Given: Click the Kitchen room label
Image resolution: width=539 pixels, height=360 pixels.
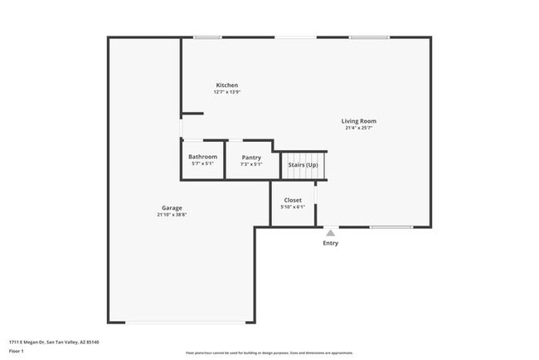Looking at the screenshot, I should pos(227,85).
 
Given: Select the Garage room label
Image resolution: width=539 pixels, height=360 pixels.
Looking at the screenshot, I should pos(172,207).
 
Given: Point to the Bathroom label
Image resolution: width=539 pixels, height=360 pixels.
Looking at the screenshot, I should pos(202,157).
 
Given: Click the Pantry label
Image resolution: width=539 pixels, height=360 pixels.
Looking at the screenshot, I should pos(251,157).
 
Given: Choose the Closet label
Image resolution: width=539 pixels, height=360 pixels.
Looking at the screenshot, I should pos(293,200).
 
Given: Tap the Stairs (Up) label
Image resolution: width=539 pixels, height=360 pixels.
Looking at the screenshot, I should pos(303,165).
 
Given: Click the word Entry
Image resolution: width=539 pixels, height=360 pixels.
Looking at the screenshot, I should pos(330,243).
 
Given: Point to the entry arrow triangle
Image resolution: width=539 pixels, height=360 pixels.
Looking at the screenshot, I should pos(330,233).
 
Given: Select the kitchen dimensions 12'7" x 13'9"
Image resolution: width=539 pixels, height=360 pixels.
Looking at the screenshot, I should pos(227,92).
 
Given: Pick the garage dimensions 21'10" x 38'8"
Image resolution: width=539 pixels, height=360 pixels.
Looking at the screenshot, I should pos(172,215).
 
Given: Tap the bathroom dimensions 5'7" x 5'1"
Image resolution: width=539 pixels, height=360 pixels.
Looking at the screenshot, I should pos(202,163).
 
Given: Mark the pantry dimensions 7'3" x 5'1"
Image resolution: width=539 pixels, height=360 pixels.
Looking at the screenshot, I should pos(251,163).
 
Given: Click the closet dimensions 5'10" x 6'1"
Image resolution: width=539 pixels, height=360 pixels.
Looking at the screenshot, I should pos(293,207).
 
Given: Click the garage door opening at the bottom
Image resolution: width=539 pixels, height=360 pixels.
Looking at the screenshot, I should pos(190,322).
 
